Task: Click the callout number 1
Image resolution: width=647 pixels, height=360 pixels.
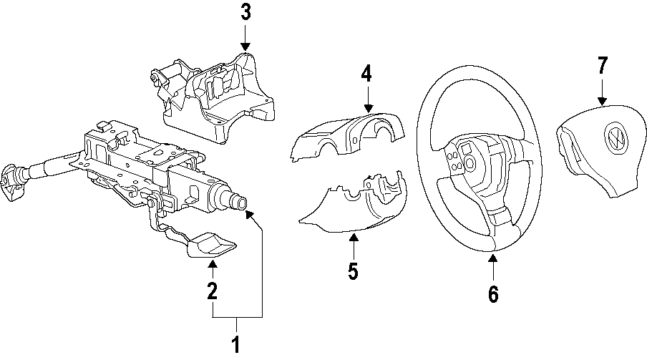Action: [235, 345]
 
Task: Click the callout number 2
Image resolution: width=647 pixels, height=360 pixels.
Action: [212, 291]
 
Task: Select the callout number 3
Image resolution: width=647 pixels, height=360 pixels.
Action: [245, 12]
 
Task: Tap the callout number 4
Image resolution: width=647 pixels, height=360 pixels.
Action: [367, 73]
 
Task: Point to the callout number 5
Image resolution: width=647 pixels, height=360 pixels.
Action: [354, 271]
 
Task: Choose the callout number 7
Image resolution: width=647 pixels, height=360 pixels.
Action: [602, 66]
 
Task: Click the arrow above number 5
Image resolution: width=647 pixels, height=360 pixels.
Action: [354, 244]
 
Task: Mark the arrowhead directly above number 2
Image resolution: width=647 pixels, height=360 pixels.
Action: [212, 266]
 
